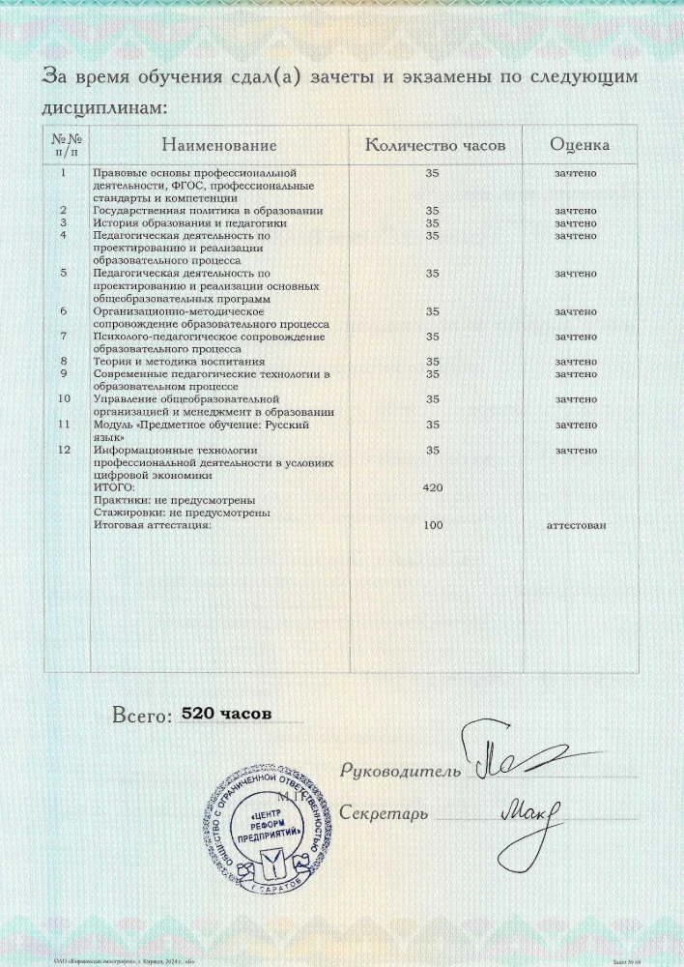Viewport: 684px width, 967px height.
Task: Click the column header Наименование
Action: coord(219,146)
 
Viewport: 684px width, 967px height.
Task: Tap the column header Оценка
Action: coord(580,146)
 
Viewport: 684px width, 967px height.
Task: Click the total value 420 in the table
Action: coord(433,488)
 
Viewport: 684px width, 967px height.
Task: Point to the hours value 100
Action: coord(433,525)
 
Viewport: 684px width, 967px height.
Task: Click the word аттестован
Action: coord(577,525)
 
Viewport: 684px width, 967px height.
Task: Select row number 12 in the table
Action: coord(64,450)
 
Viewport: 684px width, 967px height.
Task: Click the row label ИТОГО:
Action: coord(114,487)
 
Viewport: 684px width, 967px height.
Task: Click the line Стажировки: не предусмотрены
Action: coord(181,513)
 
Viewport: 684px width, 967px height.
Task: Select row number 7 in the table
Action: coord(64,337)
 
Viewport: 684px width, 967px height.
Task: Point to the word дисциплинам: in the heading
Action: coord(105,109)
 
